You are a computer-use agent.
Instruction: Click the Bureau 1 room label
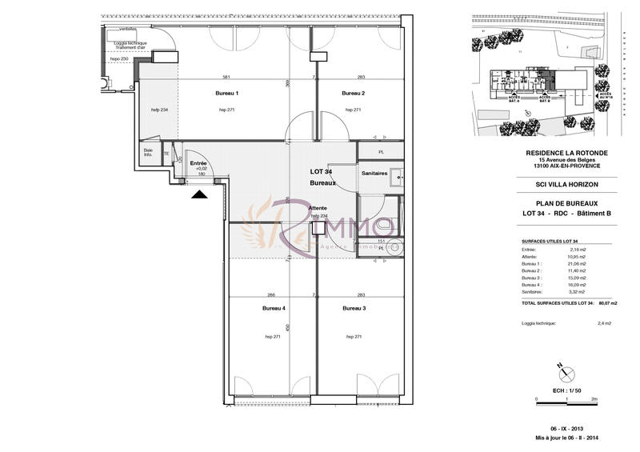coord(227,94)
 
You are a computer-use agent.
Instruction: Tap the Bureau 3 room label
coord(354,308)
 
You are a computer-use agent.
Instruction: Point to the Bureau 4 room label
coord(274,308)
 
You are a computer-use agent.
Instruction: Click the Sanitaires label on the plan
coord(375,173)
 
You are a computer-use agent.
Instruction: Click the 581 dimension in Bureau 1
coord(226,78)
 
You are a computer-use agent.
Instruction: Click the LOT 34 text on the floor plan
coord(321,171)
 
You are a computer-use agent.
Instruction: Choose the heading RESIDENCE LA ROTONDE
coord(566,153)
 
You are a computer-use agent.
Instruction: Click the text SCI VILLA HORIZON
coord(566,184)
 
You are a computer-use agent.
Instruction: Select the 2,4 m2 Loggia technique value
coord(604,324)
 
